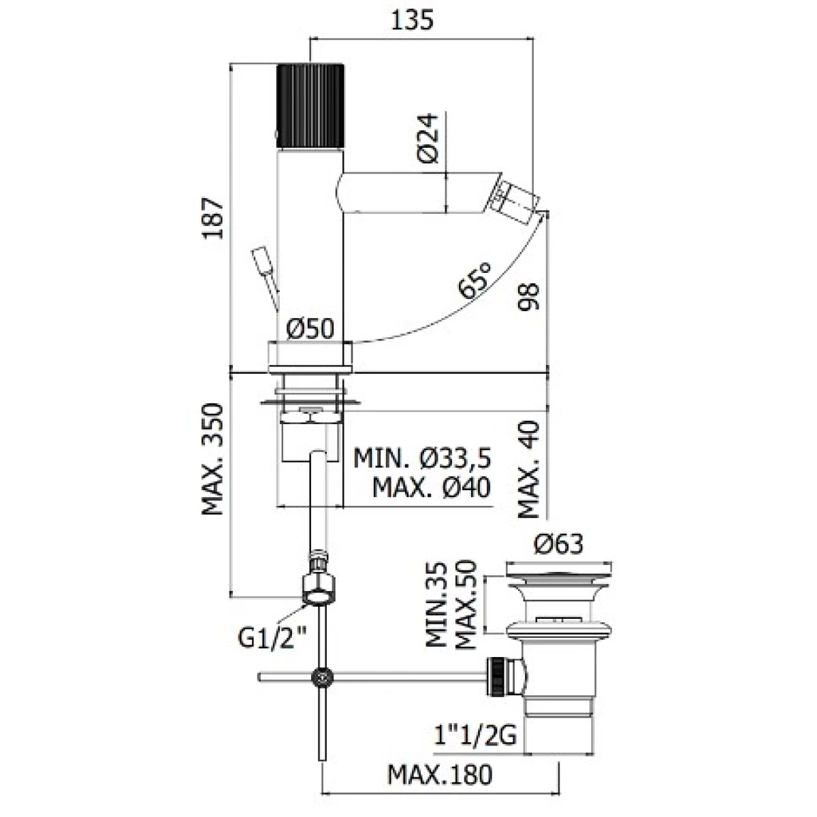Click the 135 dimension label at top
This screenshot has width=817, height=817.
pos(412,20)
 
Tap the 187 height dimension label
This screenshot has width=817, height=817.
pos(212,219)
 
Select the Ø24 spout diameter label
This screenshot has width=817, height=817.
pos(427,138)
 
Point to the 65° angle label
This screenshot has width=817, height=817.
pos(475,280)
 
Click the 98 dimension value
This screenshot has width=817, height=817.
pos(528,297)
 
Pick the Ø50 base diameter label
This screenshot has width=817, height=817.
pos(310,328)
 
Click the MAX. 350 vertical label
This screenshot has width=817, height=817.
pos(212,459)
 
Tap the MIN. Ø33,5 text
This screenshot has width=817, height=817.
pos(422,459)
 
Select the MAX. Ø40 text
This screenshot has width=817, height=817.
pos(431,487)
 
